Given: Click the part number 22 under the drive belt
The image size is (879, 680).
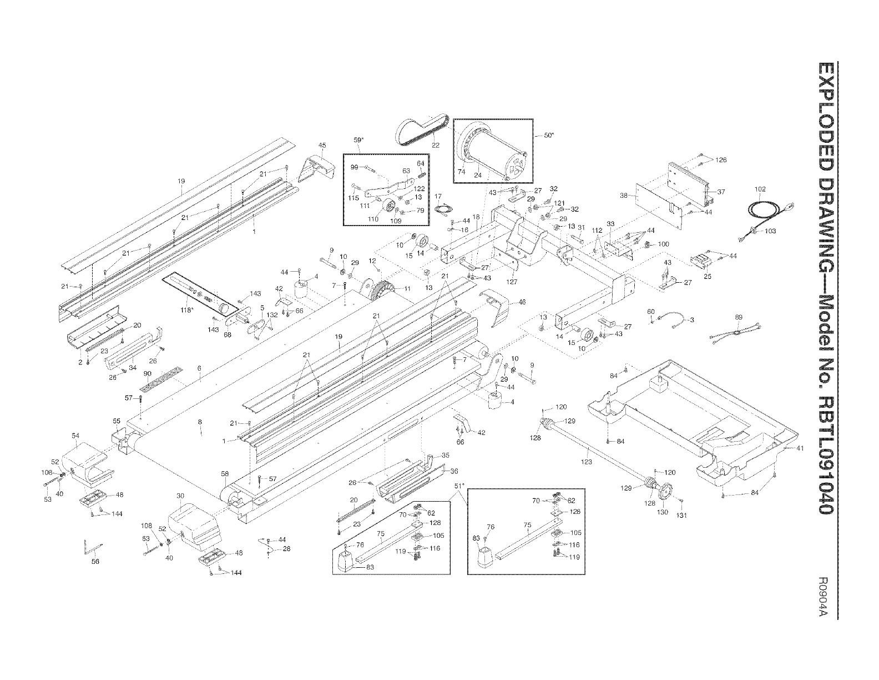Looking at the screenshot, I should [x=436, y=146].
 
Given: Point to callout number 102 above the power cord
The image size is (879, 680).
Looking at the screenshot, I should [x=760, y=189].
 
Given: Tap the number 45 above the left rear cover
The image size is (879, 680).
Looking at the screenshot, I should [x=322, y=146].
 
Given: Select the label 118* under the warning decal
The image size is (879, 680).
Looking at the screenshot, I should [x=188, y=309].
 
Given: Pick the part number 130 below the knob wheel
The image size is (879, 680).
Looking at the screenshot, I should [x=663, y=512].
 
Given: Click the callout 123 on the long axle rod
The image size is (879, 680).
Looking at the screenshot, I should [x=587, y=462].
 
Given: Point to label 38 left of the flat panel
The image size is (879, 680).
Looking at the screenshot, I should [x=623, y=196].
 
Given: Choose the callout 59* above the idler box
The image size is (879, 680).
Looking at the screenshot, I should [x=358, y=140].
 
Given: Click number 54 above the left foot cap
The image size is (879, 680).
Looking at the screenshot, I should [x=75, y=435].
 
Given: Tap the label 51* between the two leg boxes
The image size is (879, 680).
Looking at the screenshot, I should [x=458, y=484].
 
